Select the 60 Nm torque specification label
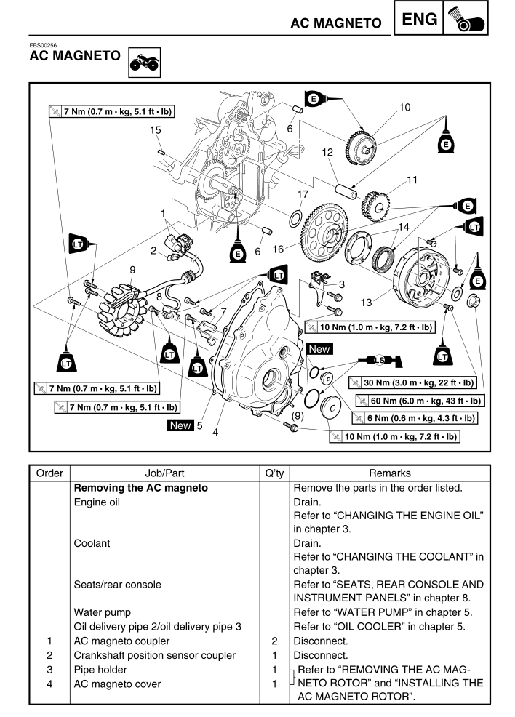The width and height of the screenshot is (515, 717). [420, 401]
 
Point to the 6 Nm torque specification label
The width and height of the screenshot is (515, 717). [414, 418]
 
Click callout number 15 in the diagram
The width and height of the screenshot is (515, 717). [155, 130]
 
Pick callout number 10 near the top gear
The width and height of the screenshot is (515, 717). [404, 108]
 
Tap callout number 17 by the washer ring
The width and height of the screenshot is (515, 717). [303, 195]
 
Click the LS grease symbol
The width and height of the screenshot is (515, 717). [378, 361]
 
